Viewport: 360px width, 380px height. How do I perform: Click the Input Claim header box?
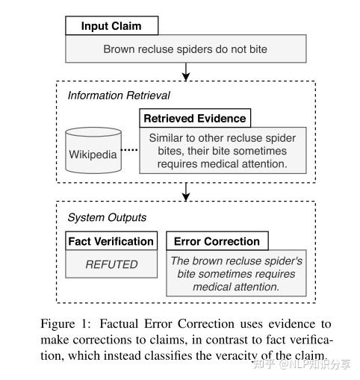[111, 26]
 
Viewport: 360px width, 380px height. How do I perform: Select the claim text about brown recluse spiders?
[186, 50]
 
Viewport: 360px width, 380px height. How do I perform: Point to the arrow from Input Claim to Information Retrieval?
[186, 72]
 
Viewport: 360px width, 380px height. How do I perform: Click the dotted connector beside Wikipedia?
[130, 149]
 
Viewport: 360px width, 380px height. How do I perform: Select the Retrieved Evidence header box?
[194, 118]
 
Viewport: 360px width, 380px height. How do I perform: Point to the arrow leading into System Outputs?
[186, 193]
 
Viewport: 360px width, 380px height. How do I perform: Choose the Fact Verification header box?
[111, 241]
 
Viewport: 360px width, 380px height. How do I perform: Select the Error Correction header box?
[217, 241]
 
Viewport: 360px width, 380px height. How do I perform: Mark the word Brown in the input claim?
[120, 50]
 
